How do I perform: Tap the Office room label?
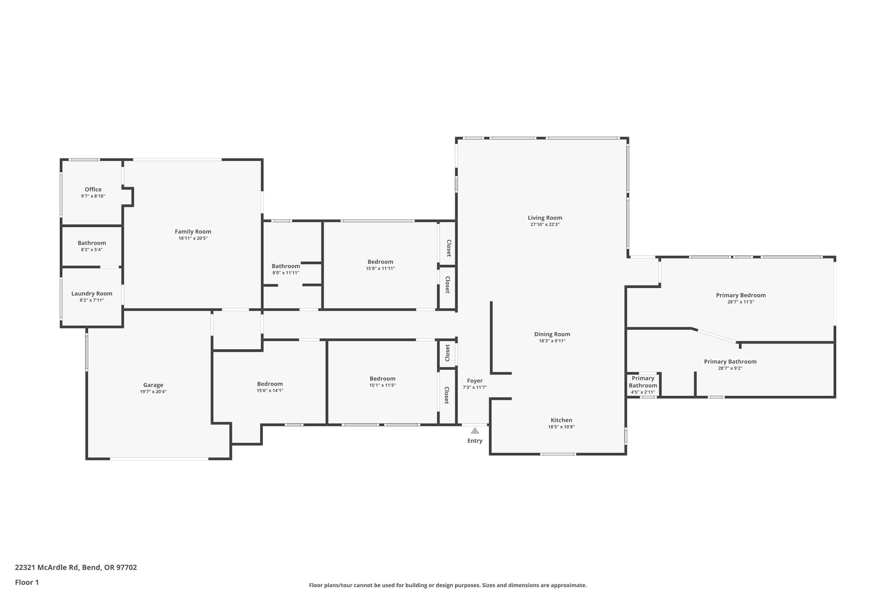93,189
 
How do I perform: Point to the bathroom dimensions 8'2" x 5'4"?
92,250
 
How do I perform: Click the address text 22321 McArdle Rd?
76,567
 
